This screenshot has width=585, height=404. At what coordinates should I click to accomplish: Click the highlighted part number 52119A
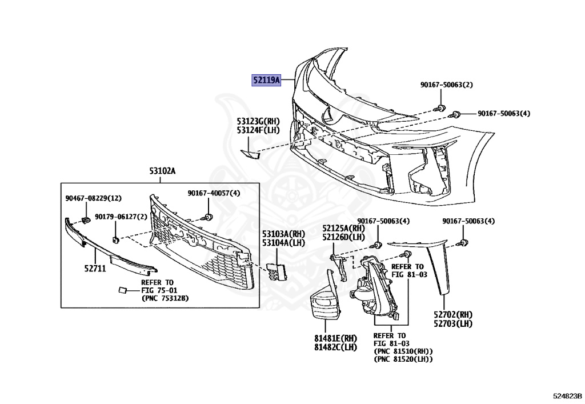pyautogui.click(x=267, y=81)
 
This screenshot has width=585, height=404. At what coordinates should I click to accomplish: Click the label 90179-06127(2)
pyautogui.click(x=121, y=217)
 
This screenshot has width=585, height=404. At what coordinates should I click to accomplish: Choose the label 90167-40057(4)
pyautogui.click(x=214, y=194)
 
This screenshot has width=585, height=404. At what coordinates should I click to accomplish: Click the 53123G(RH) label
pyautogui.click(x=259, y=121)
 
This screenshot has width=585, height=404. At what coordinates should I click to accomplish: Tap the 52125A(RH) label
pyautogui.click(x=343, y=228)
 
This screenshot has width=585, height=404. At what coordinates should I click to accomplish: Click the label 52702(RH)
pyautogui.click(x=453, y=314)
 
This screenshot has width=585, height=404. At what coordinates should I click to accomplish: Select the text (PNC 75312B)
pyautogui.click(x=165, y=298)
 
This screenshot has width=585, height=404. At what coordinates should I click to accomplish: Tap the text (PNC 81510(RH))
pyautogui.click(x=403, y=351)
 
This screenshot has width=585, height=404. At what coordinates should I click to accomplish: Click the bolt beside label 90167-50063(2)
pyautogui.click(x=439, y=107)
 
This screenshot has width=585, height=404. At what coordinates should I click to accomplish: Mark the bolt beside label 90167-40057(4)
pyautogui.click(x=209, y=217)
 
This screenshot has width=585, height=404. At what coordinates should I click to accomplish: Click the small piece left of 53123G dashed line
pyautogui.click(x=250, y=153)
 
